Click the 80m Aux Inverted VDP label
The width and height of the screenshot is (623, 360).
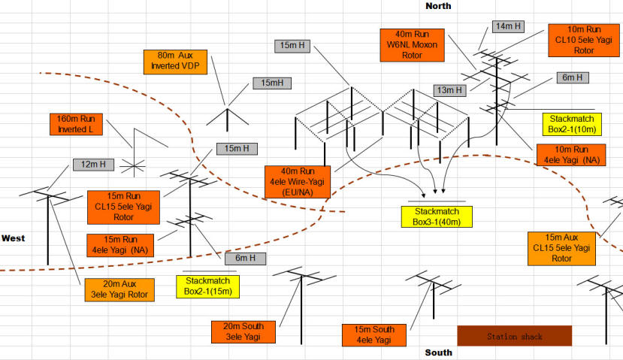point(174,61)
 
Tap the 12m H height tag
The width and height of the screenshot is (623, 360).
point(93,164)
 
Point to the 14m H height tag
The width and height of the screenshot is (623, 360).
point(509,26)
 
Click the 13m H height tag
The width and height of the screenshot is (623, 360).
point(449,90)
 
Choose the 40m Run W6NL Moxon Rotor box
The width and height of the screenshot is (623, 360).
point(413,44)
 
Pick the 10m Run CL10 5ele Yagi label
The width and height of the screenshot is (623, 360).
point(584,40)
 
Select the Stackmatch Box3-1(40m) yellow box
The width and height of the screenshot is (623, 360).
point(437,216)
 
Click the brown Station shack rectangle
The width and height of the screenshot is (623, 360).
point(515,336)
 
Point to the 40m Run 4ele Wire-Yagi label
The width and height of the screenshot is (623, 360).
point(298,181)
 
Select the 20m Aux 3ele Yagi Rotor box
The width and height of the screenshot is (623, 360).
point(119,289)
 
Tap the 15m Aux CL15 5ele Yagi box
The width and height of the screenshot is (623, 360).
point(562,247)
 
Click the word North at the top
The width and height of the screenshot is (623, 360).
point(439,6)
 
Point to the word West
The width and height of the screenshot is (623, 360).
point(13,238)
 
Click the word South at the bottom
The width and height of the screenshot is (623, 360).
point(438,352)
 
